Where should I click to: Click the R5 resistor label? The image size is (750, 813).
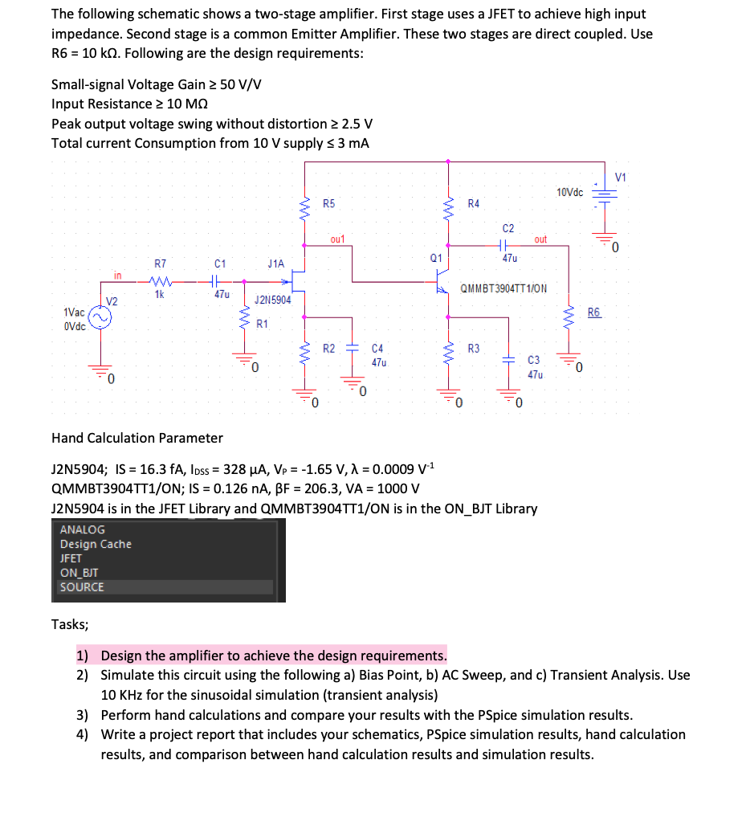point(329,204)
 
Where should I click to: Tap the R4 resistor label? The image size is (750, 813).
point(475,204)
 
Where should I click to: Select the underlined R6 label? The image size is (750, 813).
point(593,313)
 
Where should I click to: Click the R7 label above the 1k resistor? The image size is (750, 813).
point(161,263)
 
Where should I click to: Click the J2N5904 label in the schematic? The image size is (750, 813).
point(272,300)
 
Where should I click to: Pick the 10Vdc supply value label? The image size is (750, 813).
point(569,192)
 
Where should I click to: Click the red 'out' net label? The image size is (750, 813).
point(540,239)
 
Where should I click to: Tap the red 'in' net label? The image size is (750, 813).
point(117,276)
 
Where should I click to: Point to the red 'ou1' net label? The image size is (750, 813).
point(337,239)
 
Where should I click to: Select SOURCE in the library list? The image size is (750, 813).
point(82,586)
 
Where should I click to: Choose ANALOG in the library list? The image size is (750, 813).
point(82,529)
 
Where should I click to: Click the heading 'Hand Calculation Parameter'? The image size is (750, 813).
point(137,438)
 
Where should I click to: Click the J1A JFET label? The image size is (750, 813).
point(275,263)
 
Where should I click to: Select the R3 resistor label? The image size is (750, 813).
point(474,349)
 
